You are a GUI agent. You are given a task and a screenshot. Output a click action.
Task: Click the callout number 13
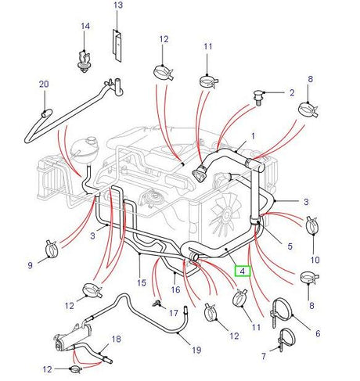(118, 5)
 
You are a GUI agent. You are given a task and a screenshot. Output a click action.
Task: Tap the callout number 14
(85, 27)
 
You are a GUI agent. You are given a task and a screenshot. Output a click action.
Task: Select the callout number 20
(43, 84)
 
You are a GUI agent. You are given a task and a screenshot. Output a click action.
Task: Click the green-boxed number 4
(243, 272)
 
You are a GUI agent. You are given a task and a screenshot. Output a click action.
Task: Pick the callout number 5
(289, 246)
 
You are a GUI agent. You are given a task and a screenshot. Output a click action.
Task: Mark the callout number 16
(177, 289)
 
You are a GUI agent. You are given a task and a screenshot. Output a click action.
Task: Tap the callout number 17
(185, 312)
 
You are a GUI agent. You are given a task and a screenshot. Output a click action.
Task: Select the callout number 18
(116, 339)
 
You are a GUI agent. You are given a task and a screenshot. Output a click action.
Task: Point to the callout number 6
(317, 334)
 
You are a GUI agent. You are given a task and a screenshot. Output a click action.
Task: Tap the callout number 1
(252, 136)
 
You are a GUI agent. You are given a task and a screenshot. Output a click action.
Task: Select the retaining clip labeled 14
(82, 60)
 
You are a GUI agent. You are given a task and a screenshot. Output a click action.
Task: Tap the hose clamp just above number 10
(313, 225)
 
